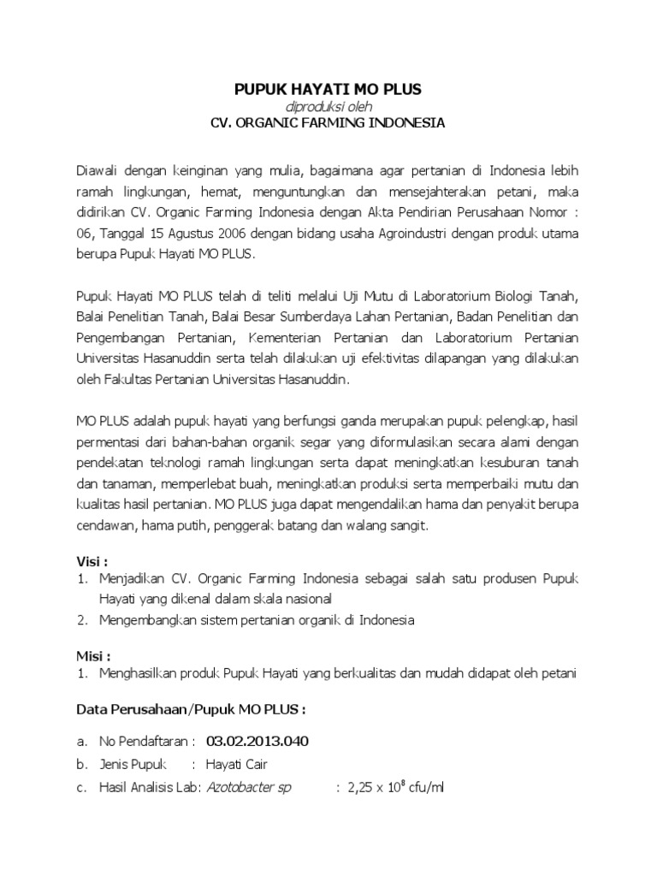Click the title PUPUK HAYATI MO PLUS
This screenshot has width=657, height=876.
click(328, 89)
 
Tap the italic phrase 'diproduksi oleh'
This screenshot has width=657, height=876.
click(328, 106)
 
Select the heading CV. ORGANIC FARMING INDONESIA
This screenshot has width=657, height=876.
click(328, 122)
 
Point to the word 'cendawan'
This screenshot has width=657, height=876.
click(104, 526)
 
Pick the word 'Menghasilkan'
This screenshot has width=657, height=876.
click(139, 673)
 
